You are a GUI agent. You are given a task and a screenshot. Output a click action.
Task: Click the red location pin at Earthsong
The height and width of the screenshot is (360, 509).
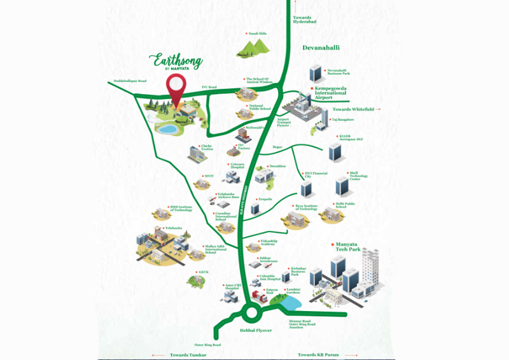point(176,87)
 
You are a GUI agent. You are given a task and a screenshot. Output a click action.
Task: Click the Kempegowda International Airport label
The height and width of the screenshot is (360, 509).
point(328,93)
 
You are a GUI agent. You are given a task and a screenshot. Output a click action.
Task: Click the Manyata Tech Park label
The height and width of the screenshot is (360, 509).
point(344,247)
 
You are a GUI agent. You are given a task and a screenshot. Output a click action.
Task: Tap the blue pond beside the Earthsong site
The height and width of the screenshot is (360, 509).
point(168,129)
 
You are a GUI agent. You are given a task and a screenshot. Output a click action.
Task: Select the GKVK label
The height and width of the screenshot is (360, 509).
point(204,272)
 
